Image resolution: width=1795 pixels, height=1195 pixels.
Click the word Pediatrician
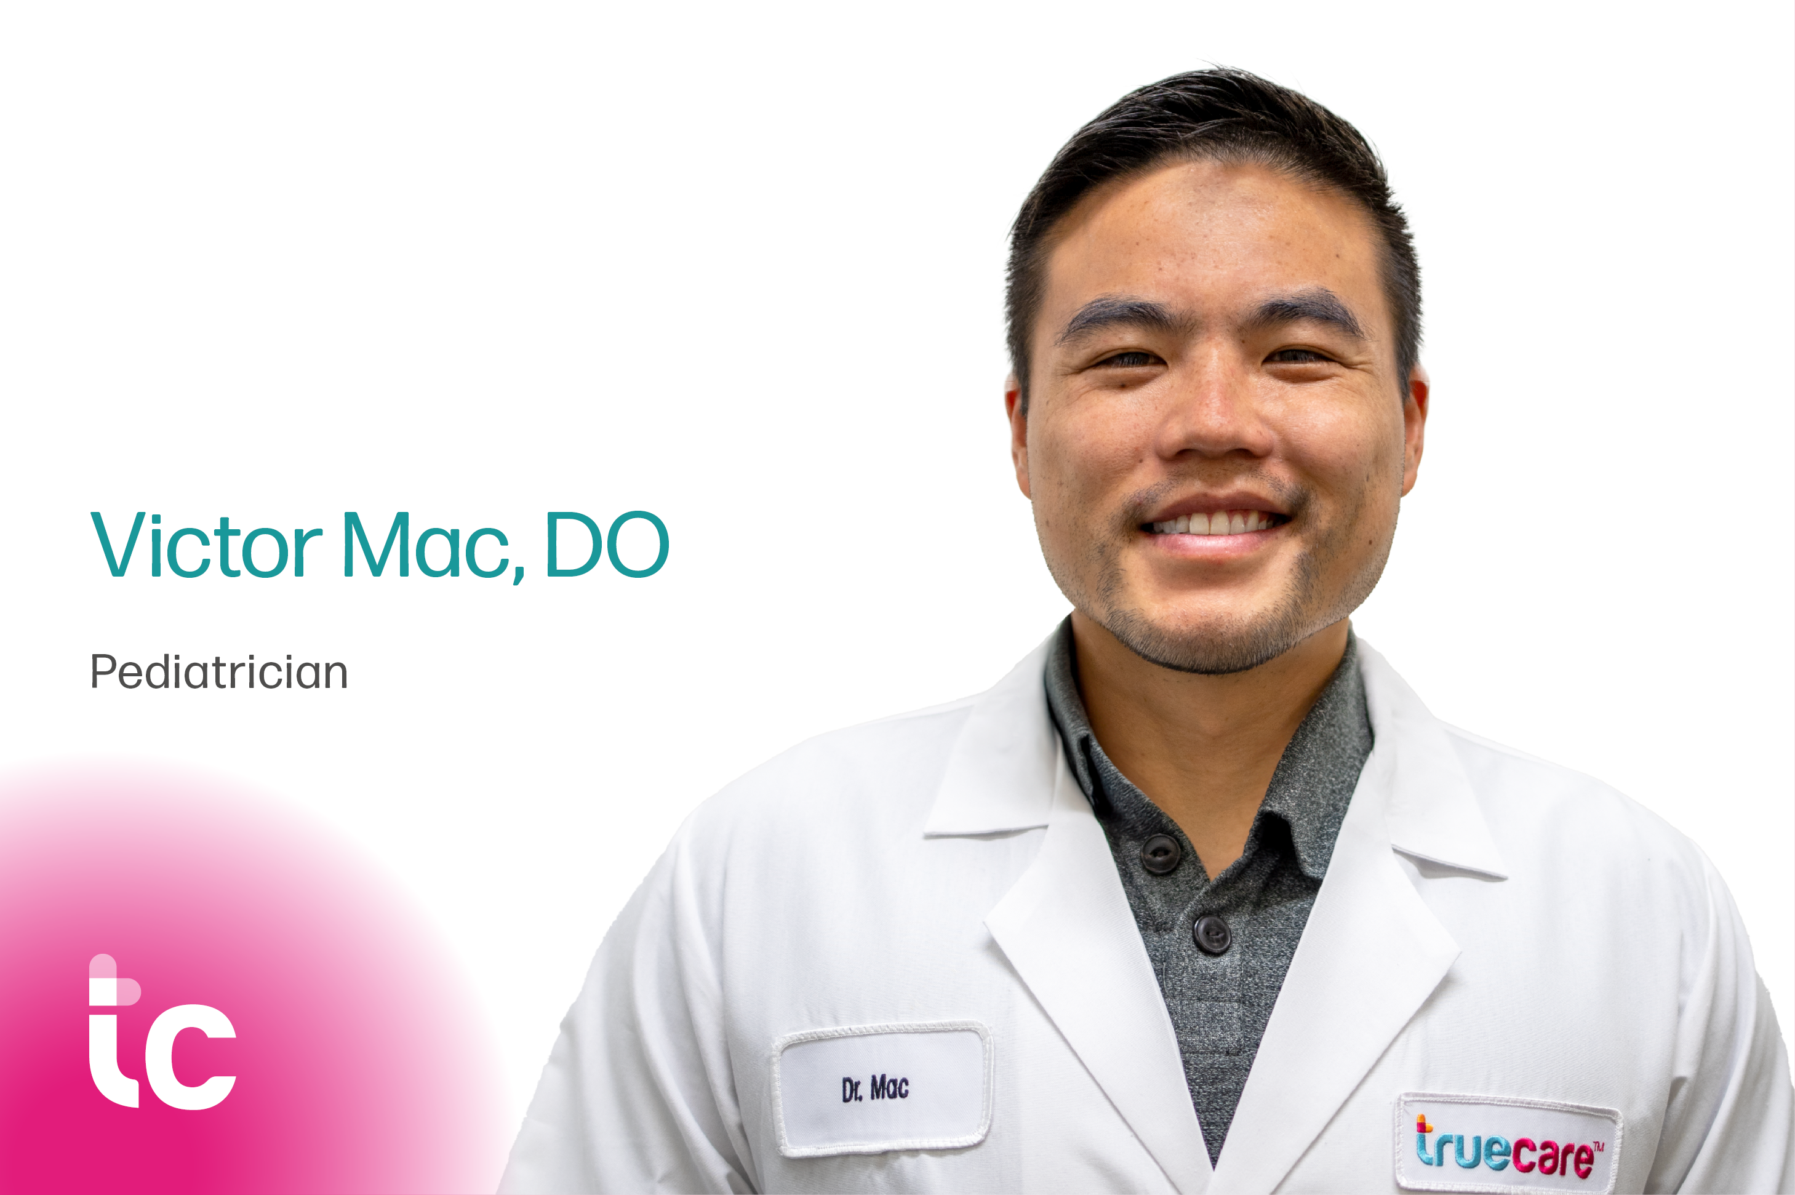click(218, 672)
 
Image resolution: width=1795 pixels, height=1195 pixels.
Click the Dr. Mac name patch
click(882, 1089)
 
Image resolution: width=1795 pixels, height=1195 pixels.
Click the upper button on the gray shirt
click(1159, 853)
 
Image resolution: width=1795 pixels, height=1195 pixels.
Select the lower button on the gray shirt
click(1211, 933)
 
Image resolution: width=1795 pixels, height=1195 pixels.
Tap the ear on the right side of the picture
click(1415, 434)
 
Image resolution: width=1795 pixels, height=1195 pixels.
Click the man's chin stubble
click(1220, 640)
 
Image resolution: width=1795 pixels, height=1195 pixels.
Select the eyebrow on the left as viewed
click(1117, 314)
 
